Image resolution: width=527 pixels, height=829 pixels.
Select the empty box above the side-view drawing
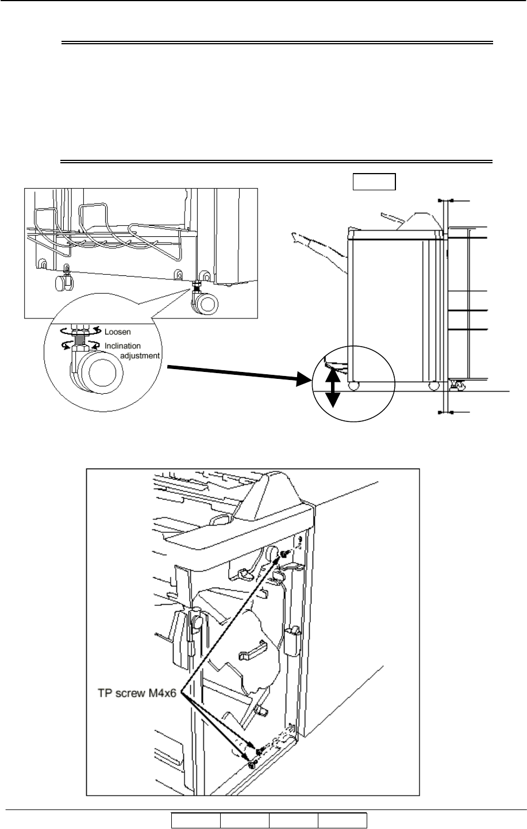tap(374, 182)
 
